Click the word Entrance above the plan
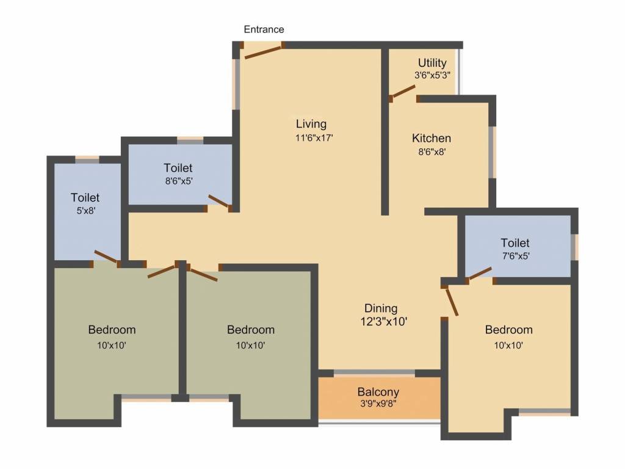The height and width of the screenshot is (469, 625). pos(264,29)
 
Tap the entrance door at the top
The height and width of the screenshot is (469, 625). pos(263,51)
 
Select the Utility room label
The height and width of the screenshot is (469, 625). pos(432,63)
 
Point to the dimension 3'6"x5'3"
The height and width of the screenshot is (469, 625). pos(432,76)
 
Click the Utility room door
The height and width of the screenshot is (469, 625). pos(403,91)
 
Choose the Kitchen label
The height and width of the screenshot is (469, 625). pos(432,138)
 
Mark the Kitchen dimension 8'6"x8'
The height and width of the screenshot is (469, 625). pos(432,153)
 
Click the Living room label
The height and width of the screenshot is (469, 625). pos(311,124)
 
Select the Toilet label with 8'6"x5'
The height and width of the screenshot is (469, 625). pos(178,167)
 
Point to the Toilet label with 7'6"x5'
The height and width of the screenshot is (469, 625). pos(515,243)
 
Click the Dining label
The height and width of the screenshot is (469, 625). pos(381,308)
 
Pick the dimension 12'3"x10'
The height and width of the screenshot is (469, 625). pos(384,321)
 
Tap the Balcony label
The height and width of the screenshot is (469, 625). pos(378,392)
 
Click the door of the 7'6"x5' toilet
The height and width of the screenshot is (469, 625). pos(480,273)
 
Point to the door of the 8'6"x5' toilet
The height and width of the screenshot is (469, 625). pos(219,202)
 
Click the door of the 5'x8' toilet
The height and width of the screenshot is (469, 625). pos(106,257)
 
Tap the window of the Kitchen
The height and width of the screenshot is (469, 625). pos(492,152)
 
